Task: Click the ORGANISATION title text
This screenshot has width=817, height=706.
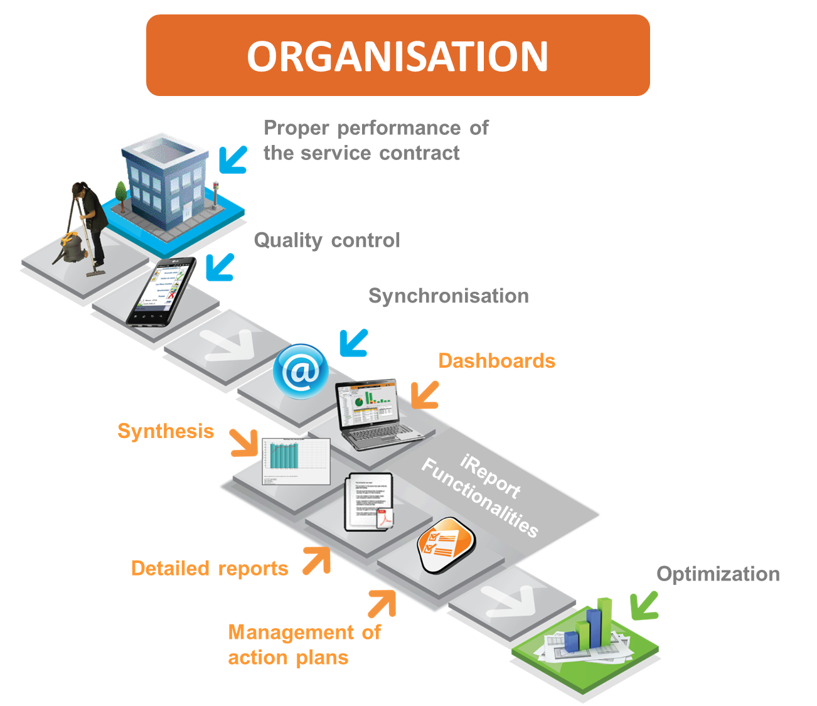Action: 397,56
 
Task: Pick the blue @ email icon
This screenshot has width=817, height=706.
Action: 301,371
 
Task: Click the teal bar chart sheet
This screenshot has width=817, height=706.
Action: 296,461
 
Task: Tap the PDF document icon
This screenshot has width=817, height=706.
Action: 370,502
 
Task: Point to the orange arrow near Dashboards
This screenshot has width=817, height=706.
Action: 425,395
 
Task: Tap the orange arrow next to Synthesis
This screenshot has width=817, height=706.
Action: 243,442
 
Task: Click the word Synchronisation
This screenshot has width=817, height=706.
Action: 448,296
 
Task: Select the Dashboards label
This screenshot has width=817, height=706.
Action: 496,361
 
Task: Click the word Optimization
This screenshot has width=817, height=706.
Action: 718,574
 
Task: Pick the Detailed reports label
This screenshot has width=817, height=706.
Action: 210,568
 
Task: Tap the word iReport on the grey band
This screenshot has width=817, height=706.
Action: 490,476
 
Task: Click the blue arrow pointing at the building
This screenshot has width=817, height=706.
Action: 233,159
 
